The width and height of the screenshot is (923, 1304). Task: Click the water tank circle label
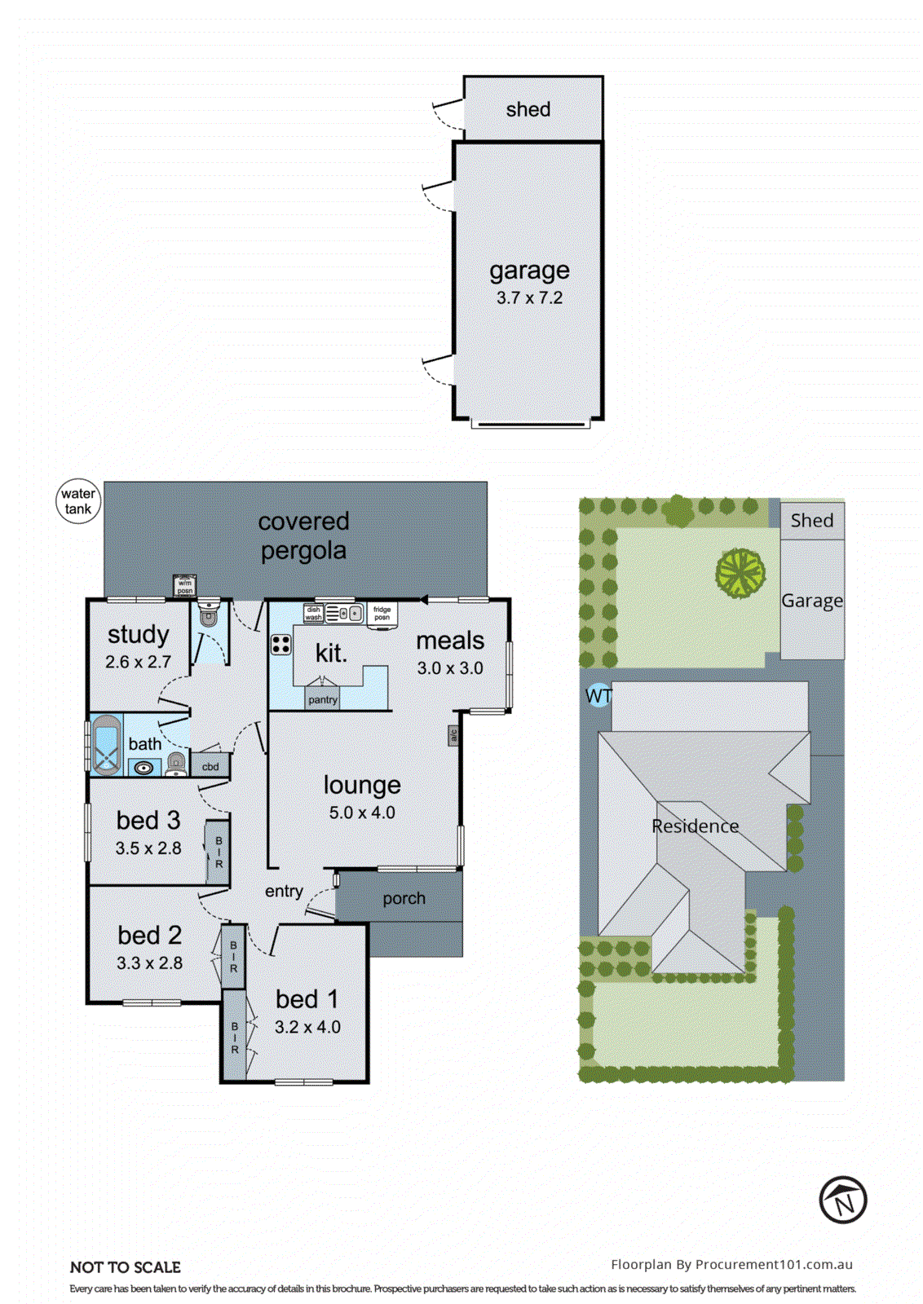tap(78, 501)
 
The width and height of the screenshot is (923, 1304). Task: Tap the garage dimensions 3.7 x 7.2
tap(529, 298)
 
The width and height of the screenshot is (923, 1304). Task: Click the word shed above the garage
tap(528, 109)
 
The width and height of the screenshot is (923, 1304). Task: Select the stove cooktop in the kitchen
tap(281, 645)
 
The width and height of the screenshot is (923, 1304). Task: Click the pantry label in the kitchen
tap(323, 699)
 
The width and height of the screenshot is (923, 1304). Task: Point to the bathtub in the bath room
tap(106, 745)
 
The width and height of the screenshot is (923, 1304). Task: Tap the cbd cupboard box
tap(210, 766)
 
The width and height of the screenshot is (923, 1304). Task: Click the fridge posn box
tap(382, 613)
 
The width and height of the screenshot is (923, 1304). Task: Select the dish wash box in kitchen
tap(314, 614)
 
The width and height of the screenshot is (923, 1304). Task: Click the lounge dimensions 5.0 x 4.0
tap(362, 813)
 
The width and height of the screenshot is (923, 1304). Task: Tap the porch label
tap(404, 898)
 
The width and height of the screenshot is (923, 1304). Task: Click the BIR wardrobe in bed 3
tap(218, 852)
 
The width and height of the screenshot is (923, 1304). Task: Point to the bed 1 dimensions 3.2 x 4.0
tap(307, 1027)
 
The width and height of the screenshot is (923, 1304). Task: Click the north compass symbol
tap(843, 1200)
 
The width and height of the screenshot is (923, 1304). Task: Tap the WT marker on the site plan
tap(598, 696)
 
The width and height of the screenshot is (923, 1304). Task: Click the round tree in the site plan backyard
tap(740, 573)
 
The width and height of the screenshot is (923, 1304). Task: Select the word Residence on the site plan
tap(695, 826)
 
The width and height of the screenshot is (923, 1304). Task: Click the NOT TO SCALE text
tap(126, 1267)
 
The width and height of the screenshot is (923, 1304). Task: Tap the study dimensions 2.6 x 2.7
tap(138, 662)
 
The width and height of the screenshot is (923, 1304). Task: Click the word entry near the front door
tap(284, 892)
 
